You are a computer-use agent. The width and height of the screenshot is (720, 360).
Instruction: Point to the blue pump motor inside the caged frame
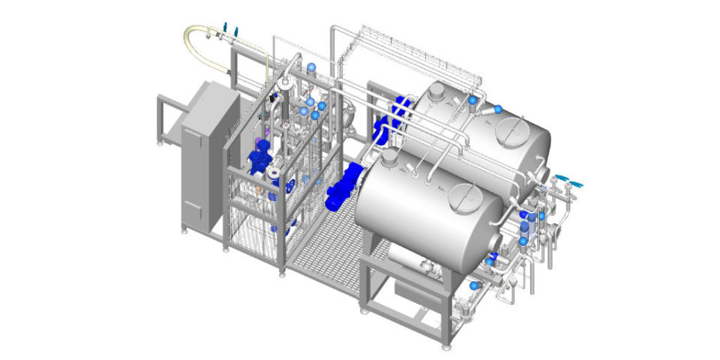259,158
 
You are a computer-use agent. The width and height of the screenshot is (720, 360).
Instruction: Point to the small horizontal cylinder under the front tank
405,262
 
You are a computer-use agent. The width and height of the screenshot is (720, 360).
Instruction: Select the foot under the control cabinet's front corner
184,232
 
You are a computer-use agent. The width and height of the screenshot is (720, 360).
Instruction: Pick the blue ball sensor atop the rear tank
473,99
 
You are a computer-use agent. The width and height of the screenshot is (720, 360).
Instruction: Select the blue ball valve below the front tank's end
473,285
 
